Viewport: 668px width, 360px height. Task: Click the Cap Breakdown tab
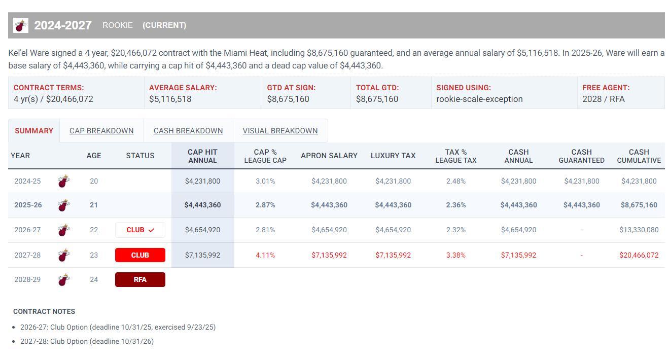pyautogui.click(x=101, y=131)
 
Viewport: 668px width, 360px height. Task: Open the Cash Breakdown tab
pyautogui.click(x=188, y=131)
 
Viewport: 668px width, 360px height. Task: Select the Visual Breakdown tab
pyautogui.click(x=280, y=131)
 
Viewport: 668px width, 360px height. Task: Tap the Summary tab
pyautogui.click(x=34, y=131)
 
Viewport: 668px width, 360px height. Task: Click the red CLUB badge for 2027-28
pyautogui.click(x=140, y=255)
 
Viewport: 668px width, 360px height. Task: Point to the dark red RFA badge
pyautogui.click(x=140, y=279)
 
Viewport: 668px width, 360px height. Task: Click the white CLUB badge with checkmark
pyautogui.click(x=140, y=230)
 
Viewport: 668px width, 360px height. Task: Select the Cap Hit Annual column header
pyautogui.click(x=202, y=156)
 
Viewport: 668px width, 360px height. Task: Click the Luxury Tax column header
pyautogui.click(x=393, y=156)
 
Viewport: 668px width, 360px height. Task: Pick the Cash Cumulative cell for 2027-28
pyautogui.click(x=639, y=255)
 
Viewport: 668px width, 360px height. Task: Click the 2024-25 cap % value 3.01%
pyautogui.click(x=265, y=181)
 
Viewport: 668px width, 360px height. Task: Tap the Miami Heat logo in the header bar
pyautogui.click(x=21, y=25)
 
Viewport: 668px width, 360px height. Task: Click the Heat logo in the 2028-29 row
pyautogui.click(x=63, y=279)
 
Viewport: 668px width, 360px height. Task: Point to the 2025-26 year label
pyautogui.click(x=28, y=205)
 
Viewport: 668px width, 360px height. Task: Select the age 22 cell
pyautogui.click(x=94, y=230)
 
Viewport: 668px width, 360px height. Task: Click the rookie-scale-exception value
pyautogui.click(x=479, y=99)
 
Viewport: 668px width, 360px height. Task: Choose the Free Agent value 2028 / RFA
pyautogui.click(x=604, y=99)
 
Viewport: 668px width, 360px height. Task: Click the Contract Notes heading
pyautogui.click(x=44, y=311)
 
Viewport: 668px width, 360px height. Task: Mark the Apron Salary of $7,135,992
pyautogui.click(x=329, y=255)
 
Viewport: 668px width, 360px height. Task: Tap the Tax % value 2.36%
pyautogui.click(x=456, y=205)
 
